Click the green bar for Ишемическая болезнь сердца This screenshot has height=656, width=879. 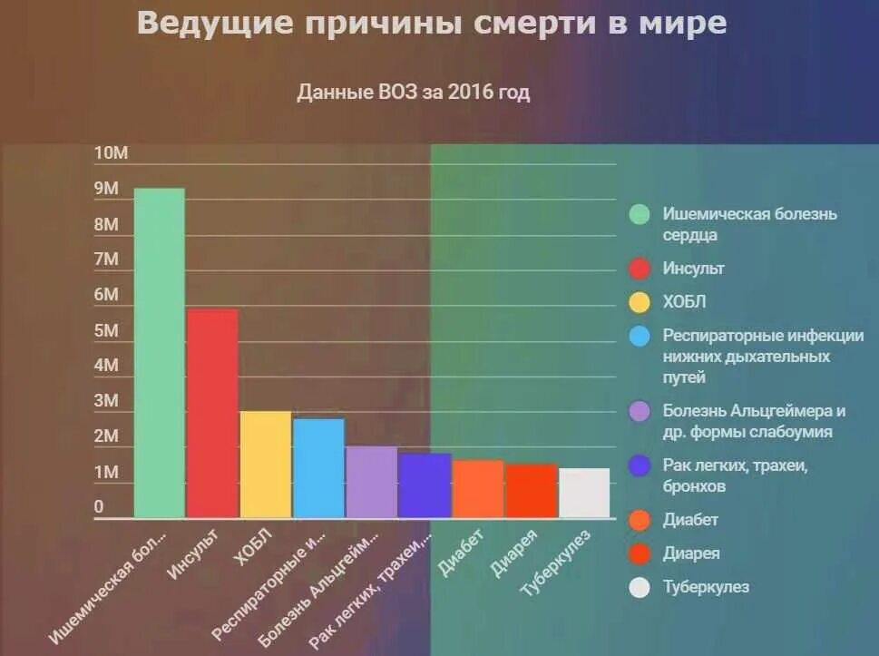tap(159, 354)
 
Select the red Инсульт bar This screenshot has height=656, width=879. tap(212, 413)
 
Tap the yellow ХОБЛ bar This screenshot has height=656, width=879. tap(265, 464)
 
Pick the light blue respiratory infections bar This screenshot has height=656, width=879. tap(318, 467)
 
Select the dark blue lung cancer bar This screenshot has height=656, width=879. tap(425, 485)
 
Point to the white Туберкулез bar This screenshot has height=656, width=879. tap(583, 493)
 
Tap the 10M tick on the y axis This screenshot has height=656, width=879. tap(112, 153)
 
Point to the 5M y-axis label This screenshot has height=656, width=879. tap(106, 330)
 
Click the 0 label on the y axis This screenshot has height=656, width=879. tap(99, 507)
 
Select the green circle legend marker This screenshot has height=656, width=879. tap(640, 215)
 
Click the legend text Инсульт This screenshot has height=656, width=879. tap(694, 269)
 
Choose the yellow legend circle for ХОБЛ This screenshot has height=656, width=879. tap(640, 302)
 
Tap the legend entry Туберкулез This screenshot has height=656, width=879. tap(706, 587)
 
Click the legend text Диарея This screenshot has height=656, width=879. tap(691, 553)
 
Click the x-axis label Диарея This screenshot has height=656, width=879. tap(515, 553)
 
